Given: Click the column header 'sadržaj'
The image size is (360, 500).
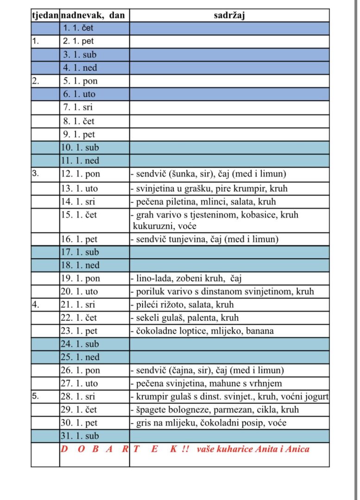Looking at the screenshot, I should tap(229, 15).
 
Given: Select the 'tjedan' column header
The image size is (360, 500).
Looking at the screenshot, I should tap(45, 15).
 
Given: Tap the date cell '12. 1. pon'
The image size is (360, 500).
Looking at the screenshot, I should tap(80, 174).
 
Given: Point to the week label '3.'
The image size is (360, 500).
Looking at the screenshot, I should tap(36, 174).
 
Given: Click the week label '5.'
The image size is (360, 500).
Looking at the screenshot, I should tap(36, 397).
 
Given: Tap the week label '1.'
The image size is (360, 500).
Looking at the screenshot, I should tap(35, 41).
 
